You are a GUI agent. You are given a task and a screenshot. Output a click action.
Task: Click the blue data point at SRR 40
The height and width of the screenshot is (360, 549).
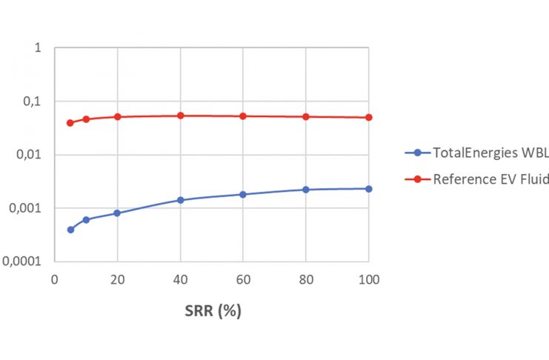tap(180, 200)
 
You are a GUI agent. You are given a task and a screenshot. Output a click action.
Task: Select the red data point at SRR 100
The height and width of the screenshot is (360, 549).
tap(369, 118)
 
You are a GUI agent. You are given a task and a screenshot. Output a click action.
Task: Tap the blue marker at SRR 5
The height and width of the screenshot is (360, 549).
tap(70, 230)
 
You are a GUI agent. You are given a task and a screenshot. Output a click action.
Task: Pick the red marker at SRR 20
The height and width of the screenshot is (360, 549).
tap(117, 117)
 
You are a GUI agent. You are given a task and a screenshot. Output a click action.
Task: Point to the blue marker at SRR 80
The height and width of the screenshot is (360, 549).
tap(306, 190)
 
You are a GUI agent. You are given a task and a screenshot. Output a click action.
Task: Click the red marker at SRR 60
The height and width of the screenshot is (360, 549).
tap(243, 116)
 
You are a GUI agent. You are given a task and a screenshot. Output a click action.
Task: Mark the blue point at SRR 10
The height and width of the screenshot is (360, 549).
tap(86, 219)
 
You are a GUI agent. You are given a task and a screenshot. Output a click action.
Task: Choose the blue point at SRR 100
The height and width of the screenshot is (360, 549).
tap(369, 189)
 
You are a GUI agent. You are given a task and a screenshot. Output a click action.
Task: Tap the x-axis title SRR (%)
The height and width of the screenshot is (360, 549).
tap(213, 311)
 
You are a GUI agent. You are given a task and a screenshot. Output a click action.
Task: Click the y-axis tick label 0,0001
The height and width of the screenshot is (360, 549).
tap(27, 261)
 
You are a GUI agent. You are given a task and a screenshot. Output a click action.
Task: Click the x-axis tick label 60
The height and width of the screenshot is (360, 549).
tap(243, 279)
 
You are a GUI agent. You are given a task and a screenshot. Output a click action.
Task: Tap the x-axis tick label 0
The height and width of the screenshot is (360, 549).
tap(54, 279)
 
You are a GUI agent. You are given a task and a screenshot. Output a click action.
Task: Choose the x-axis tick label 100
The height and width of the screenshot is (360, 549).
tap(369, 279)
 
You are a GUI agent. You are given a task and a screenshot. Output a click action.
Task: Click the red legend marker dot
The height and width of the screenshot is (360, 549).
tap(416, 179)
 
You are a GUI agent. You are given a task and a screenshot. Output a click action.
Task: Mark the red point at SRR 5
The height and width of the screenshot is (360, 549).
tap(70, 123)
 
